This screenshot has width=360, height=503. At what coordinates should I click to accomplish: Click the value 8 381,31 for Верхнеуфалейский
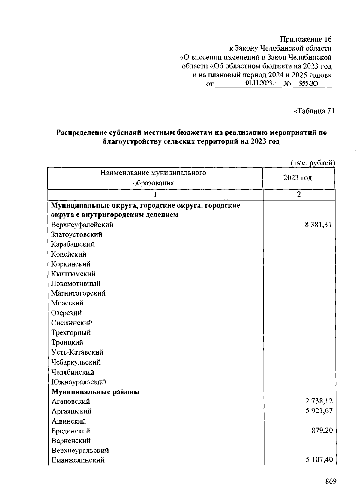coord(318,225)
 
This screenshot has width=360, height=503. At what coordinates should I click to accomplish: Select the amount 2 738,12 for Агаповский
coord(319,401)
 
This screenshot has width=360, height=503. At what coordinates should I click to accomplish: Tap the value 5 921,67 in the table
coord(319,411)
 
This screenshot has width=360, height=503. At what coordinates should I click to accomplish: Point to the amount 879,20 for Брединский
coord(322,431)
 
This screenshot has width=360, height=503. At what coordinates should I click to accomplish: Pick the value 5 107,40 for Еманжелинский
coord(319,460)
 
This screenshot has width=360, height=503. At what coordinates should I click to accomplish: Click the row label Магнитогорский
coord(78,293)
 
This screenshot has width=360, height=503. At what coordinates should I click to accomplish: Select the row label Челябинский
coord(73,372)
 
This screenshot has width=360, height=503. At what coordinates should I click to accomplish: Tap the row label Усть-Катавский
coord(77,352)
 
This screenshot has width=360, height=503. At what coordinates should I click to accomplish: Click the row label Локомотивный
coord(76,283)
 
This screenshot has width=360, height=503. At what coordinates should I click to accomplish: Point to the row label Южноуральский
coord(79,382)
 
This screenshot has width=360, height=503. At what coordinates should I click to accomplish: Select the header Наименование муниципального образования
coord(153,178)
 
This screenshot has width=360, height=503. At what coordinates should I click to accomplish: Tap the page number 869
coord(331,481)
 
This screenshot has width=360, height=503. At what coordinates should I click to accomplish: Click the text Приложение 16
coord(306,39)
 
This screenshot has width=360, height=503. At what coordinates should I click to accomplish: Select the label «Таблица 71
coord(313,111)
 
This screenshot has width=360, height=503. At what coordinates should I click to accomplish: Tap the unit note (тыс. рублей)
coord(313,163)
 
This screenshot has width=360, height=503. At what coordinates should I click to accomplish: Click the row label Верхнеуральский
coord(80,450)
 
